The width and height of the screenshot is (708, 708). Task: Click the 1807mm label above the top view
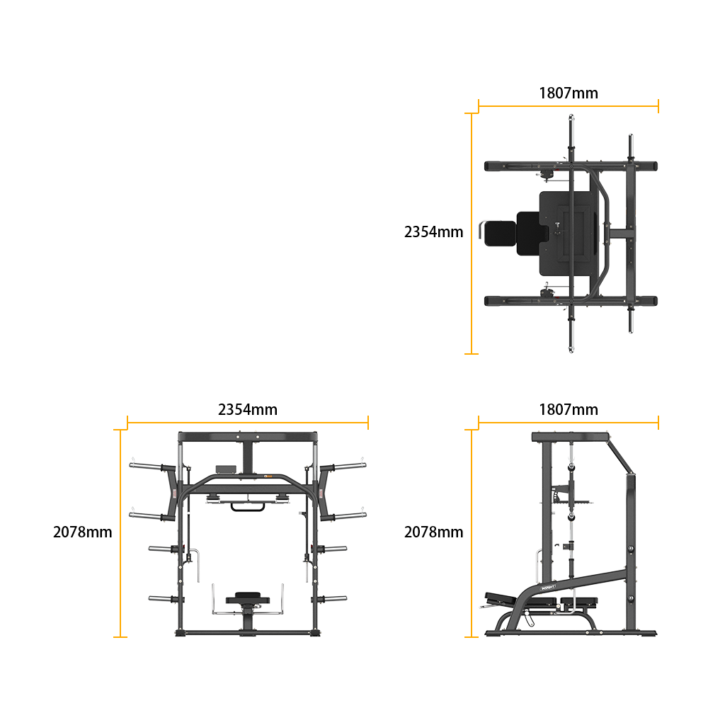click(x=569, y=93)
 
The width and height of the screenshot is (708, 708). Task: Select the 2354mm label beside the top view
click(x=433, y=232)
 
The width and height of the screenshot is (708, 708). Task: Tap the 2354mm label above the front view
click(x=247, y=409)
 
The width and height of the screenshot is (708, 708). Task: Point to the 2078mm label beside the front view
click(x=83, y=532)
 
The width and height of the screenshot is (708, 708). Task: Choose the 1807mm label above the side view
click(x=569, y=409)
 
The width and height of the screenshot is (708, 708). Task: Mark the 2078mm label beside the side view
click(x=433, y=532)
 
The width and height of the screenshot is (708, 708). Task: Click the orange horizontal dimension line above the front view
click(x=248, y=423)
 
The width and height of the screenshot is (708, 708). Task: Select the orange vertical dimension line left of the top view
click(x=472, y=234)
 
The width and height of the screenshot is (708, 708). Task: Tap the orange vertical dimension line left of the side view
click(x=472, y=533)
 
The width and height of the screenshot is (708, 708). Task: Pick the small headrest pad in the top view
click(x=500, y=234)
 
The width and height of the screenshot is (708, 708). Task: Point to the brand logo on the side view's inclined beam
click(x=548, y=588)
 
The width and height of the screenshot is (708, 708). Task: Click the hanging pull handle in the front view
click(x=248, y=508)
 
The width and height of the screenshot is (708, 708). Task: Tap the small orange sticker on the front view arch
click(x=268, y=476)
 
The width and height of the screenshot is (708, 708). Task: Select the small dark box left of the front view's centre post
click(x=226, y=469)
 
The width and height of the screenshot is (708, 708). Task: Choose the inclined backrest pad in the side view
click(x=500, y=598)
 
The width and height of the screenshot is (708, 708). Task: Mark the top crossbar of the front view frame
click(x=248, y=437)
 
